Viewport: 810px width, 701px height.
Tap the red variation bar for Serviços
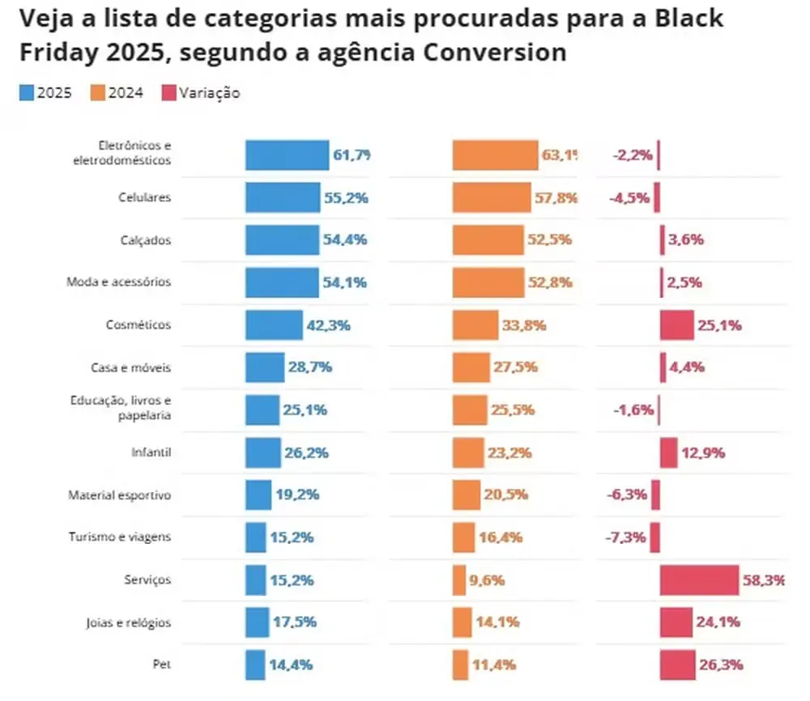click(x=699, y=580)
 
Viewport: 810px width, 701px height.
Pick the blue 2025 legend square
click(x=26, y=92)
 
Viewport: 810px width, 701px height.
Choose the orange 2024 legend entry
click(x=120, y=92)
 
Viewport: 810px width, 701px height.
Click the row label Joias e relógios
click(x=129, y=622)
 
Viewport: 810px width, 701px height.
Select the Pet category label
click(x=162, y=665)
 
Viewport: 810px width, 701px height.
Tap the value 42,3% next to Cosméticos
click(x=328, y=325)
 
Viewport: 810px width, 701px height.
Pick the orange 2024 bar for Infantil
click(x=467, y=452)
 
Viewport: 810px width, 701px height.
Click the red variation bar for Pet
click(x=677, y=665)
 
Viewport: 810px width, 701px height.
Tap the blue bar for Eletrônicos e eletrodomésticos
click(x=288, y=155)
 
